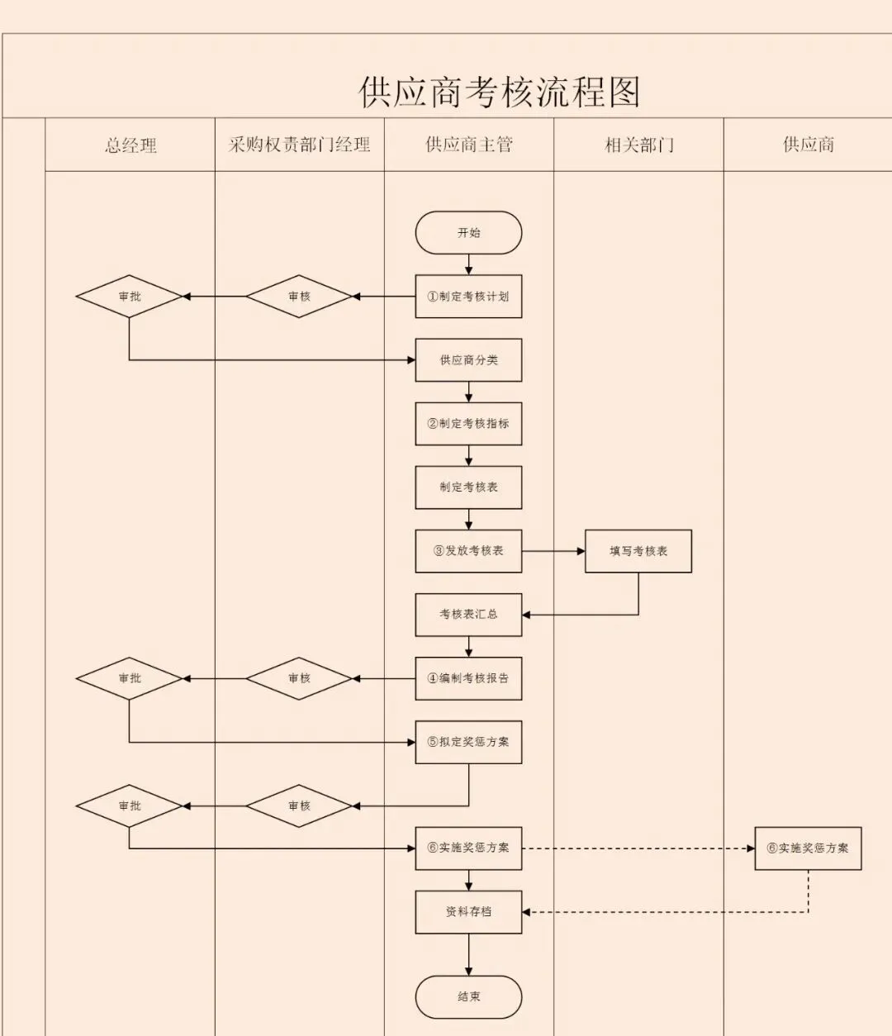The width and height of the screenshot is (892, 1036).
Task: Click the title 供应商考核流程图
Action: click(x=500, y=92)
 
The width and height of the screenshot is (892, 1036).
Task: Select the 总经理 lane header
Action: click(x=130, y=145)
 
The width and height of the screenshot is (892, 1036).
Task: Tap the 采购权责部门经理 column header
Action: click(x=299, y=145)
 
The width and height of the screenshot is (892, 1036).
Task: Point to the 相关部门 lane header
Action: click(x=638, y=145)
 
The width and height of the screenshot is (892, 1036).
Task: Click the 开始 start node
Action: click(x=468, y=233)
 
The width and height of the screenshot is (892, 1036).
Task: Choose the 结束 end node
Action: click(x=468, y=997)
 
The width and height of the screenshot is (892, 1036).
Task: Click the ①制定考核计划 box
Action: click(x=468, y=297)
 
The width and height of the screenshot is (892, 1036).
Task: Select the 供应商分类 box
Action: click(x=468, y=360)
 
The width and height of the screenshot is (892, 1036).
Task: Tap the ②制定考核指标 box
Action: click(x=468, y=424)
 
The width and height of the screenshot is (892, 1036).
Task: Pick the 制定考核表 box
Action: click(x=468, y=487)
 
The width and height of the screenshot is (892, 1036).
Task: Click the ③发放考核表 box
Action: click(x=468, y=551)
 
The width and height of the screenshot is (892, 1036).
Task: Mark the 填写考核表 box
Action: click(x=638, y=551)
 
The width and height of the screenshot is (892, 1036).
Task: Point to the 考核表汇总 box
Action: click(x=468, y=615)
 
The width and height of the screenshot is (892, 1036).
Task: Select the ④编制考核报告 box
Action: click(x=468, y=678)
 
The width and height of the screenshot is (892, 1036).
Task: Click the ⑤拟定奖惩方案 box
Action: click(x=468, y=742)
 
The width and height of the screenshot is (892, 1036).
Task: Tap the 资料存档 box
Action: click(x=468, y=912)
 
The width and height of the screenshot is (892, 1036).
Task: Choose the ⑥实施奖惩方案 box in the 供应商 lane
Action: click(x=808, y=848)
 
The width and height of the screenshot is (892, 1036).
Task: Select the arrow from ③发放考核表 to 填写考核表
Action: click(x=553, y=551)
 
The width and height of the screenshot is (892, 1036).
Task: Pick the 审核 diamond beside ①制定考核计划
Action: click(x=299, y=297)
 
